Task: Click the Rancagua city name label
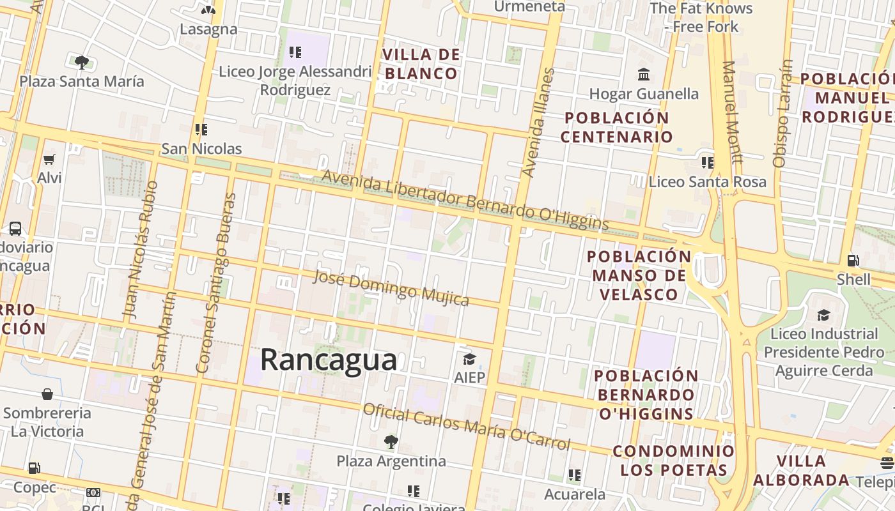point(328,360)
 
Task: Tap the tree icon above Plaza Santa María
point(81,62)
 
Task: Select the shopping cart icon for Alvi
point(49,158)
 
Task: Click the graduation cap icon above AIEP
point(469,359)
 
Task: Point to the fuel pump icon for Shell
point(853,261)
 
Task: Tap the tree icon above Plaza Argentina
point(391,441)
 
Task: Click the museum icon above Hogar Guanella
point(644,75)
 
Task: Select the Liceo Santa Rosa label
point(707,181)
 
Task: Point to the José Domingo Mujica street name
point(391,287)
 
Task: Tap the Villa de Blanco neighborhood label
point(421,64)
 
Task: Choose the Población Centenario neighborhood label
point(617,127)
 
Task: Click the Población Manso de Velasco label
point(639,275)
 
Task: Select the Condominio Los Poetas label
point(674,461)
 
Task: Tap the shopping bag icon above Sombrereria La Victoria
point(47,394)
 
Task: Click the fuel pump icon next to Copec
point(35,469)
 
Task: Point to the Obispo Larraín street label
point(782,114)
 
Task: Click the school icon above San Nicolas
point(201,130)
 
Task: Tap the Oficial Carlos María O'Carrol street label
point(466,427)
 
